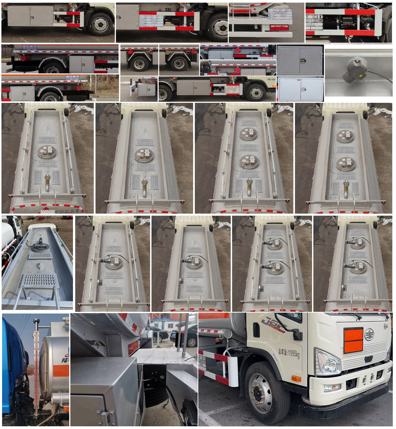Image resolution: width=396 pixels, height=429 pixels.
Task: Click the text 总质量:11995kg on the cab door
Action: click(x=289, y=353)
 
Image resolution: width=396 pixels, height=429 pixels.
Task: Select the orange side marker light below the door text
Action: click(x=296, y=378)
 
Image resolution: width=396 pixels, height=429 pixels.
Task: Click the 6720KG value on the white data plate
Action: click(x=318, y=20)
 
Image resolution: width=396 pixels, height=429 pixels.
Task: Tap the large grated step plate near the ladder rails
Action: click(x=40, y=280)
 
